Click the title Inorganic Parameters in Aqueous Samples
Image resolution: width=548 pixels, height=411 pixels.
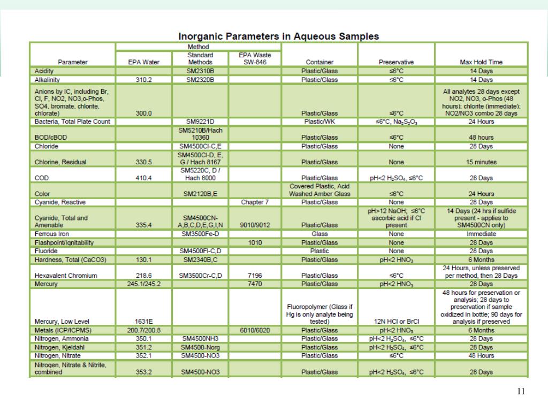point(278,36)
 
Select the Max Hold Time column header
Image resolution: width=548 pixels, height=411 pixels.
point(481,62)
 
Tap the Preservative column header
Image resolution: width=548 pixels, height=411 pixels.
point(396,62)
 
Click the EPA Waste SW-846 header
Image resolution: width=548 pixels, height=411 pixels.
point(255,58)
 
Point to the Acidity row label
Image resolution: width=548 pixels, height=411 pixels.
point(43,71)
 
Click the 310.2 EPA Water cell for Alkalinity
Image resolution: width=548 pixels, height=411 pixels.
point(143,80)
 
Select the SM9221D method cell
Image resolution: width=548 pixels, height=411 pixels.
point(200,121)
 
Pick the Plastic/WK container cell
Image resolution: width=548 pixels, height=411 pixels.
point(319,121)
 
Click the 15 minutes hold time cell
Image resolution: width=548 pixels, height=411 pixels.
point(481,162)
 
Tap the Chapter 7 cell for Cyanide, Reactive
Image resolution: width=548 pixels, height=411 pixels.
point(255,202)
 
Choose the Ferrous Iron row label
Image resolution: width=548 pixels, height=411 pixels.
point(52,234)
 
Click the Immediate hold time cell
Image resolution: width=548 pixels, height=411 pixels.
point(481,234)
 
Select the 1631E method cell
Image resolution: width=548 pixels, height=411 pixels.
point(143,322)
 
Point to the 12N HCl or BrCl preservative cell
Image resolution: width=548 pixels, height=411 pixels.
point(396,322)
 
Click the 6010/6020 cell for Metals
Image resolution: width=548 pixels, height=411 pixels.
point(255,330)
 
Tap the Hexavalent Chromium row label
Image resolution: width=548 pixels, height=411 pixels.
point(66,276)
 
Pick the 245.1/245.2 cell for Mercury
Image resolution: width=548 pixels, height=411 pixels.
point(143,284)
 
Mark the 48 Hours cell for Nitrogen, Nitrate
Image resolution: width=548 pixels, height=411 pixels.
point(481,355)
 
